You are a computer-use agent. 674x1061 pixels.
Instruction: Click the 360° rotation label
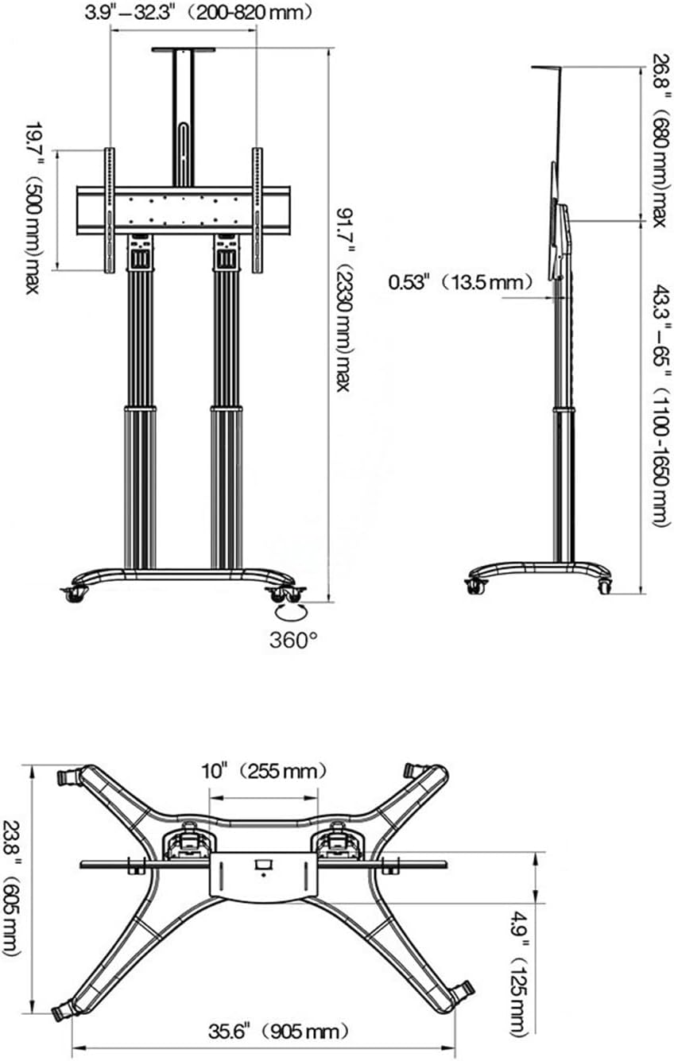click(x=293, y=641)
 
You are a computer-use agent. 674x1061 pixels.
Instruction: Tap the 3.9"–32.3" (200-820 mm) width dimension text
click(x=198, y=13)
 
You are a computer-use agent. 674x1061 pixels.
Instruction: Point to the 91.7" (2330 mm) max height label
click(x=344, y=300)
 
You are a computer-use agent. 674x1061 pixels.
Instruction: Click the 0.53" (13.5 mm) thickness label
click(x=460, y=283)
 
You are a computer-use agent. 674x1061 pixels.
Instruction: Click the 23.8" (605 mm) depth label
click(x=12, y=873)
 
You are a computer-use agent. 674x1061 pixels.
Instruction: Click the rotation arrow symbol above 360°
click(x=291, y=612)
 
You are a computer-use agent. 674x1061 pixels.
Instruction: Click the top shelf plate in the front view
click(x=184, y=50)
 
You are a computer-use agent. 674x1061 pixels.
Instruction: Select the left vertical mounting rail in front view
click(x=110, y=211)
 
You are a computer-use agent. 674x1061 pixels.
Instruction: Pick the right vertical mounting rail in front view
click(x=258, y=211)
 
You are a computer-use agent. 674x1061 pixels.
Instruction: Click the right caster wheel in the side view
click(x=604, y=587)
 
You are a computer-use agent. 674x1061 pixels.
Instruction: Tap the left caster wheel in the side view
click(x=475, y=587)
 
